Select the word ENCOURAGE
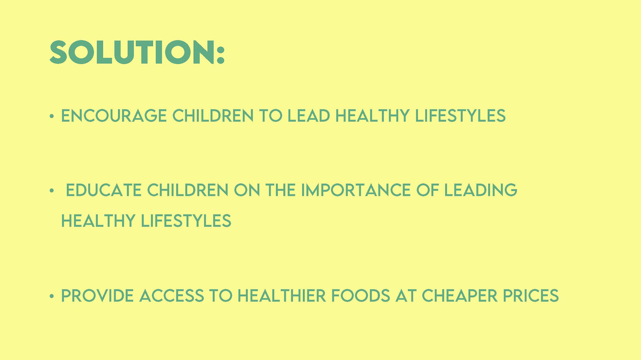tap(114, 116)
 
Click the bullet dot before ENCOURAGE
tap(51, 116)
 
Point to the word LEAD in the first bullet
tap(309, 116)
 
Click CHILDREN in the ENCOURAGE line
tap(213, 116)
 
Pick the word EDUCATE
tap(104, 190)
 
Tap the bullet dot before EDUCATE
tap(51, 191)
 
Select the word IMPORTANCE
tap(356, 190)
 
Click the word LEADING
tap(480, 190)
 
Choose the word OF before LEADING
tap(427, 190)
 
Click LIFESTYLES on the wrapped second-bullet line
tap(186, 221)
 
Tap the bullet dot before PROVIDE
tap(51, 296)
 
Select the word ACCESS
tap(172, 296)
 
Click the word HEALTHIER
tap(282, 296)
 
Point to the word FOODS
tap(361, 296)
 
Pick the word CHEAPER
tap(460, 296)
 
